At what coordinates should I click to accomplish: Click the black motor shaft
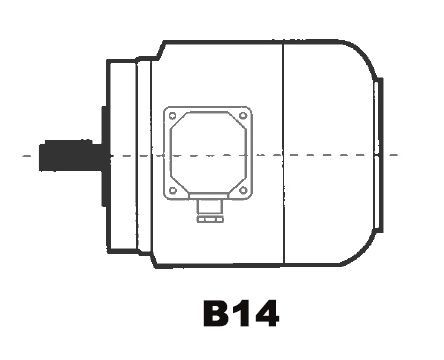click(x=73, y=155)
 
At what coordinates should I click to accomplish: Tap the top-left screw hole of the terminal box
click(x=172, y=116)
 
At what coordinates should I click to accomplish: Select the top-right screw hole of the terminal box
click(x=243, y=116)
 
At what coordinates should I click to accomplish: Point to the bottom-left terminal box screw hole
click(x=173, y=190)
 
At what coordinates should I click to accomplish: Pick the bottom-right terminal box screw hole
click(x=243, y=190)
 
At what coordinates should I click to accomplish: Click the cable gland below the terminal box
click(x=210, y=207)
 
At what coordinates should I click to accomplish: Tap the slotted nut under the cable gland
click(x=210, y=219)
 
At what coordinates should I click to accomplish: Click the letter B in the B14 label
click(x=216, y=313)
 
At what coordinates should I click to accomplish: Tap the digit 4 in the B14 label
click(x=265, y=313)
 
